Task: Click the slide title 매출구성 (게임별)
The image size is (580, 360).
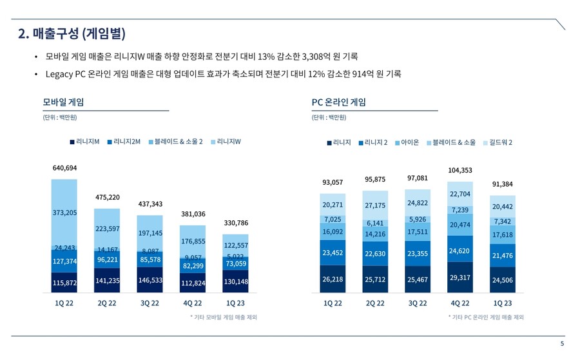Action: pyautogui.click(x=72, y=33)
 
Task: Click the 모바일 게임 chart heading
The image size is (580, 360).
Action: pyautogui.click(x=63, y=102)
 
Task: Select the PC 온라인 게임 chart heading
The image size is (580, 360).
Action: pyautogui.click(x=338, y=102)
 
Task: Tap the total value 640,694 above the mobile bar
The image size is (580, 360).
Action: pyautogui.click(x=64, y=168)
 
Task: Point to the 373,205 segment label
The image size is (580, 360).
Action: pyautogui.click(x=64, y=213)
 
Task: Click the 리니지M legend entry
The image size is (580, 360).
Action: pyautogui.click(x=84, y=142)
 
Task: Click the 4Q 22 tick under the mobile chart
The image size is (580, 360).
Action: pyautogui.click(x=192, y=303)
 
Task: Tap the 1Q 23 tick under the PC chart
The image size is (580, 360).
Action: pyautogui.click(x=502, y=303)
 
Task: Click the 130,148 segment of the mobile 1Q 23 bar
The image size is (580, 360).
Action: pyautogui.click(x=237, y=281)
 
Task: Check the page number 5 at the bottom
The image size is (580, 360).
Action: pyautogui.click(x=562, y=344)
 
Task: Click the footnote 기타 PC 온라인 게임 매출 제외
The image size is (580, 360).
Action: pyautogui.click(x=486, y=317)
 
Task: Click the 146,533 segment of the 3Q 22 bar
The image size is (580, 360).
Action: pyautogui.click(x=150, y=281)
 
